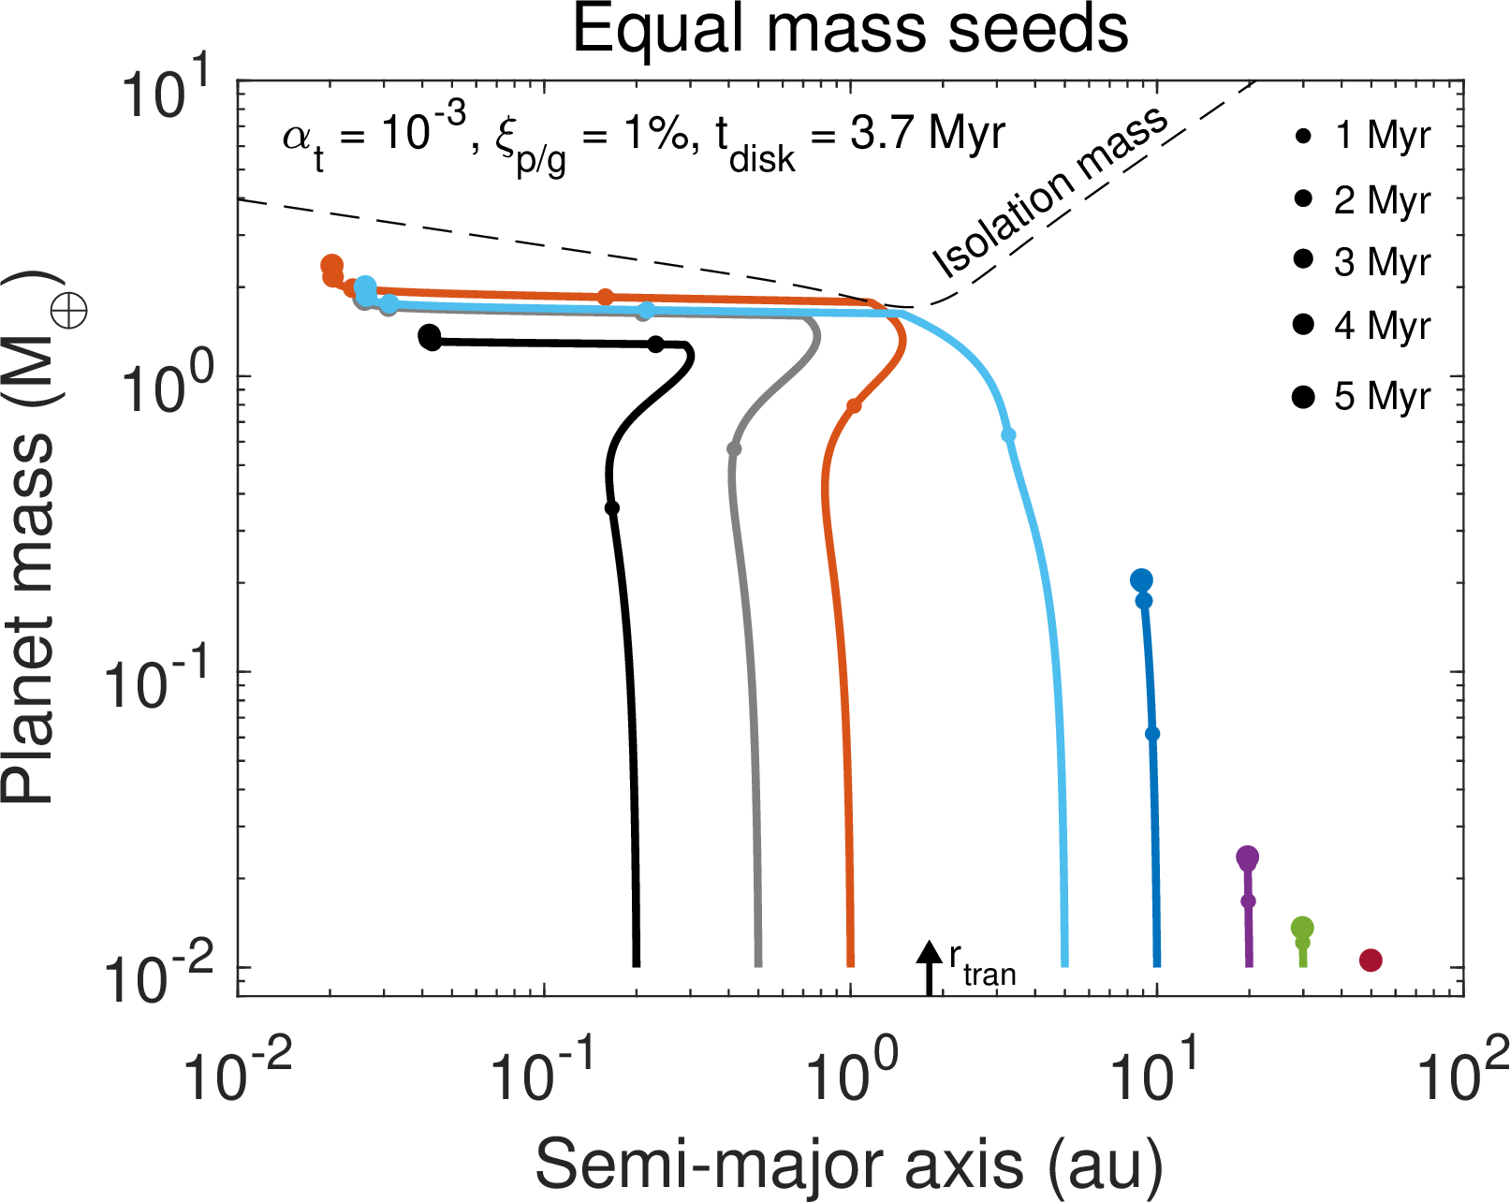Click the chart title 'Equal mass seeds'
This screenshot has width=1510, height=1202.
pyautogui.click(x=850, y=30)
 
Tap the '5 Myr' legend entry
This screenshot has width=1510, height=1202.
pyautogui.click(x=1363, y=396)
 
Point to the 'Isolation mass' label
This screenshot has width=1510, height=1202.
pyautogui.click(x=1050, y=192)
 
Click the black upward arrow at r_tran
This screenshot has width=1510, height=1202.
pyautogui.click(x=929, y=964)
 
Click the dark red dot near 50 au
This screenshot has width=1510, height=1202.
pyautogui.click(x=1371, y=960)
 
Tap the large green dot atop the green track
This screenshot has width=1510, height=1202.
pyautogui.click(x=1302, y=928)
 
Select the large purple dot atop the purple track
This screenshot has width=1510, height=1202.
pyautogui.click(x=1247, y=857)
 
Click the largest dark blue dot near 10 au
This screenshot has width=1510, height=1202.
pyautogui.click(x=1140, y=580)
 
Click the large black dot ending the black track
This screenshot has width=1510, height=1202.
pyautogui.click(x=429, y=336)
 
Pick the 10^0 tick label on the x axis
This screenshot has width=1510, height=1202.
pyautogui.click(x=850, y=1073)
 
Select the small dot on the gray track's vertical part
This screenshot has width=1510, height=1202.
pyautogui.click(x=734, y=449)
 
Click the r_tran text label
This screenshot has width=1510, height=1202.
pyautogui.click(x=982, y=967)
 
